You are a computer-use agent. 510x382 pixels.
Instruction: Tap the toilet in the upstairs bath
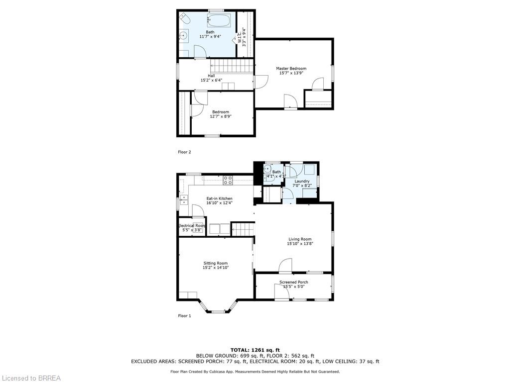185,19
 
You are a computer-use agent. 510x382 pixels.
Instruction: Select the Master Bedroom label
291,68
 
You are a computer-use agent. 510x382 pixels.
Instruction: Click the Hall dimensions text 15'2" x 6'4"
211,80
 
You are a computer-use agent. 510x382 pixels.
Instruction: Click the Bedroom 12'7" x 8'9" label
221,114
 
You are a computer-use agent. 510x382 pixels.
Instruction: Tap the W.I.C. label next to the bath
244,36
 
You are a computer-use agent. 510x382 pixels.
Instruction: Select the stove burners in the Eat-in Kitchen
228,180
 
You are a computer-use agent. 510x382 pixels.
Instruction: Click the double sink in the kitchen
183,200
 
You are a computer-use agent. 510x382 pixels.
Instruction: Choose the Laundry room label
302,181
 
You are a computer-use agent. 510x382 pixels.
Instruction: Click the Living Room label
299,239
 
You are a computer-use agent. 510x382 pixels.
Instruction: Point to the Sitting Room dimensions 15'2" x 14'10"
215,268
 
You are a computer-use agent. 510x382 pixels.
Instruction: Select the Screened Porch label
293,282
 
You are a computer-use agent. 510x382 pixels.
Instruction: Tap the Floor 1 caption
184,316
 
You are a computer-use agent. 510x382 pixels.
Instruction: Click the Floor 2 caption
184,152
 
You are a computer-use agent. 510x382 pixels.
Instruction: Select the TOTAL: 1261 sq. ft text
255,350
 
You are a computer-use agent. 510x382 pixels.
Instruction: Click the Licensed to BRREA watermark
30,378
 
